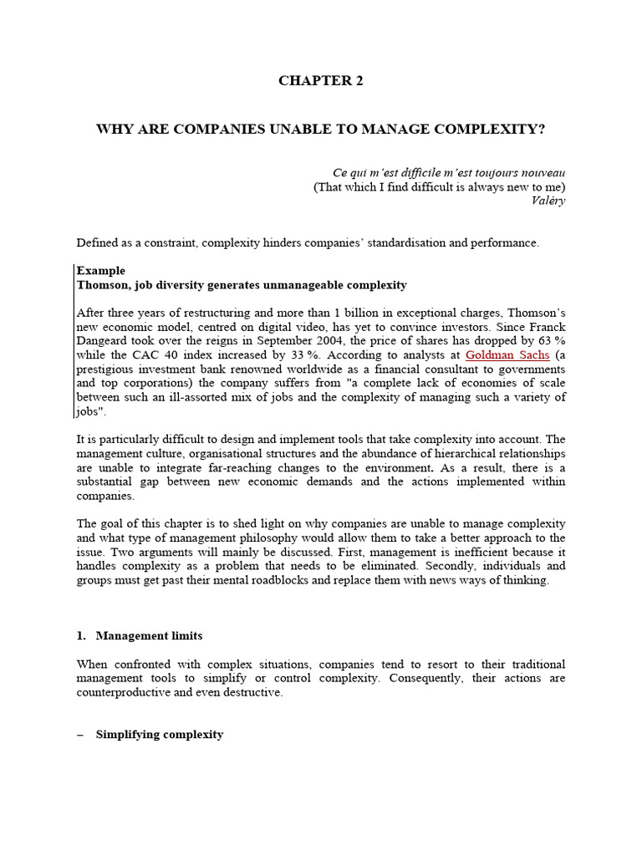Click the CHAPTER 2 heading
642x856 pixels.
pyautogui.click(x=321, y=81)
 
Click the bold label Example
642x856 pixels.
pyautogui.click(x=101, y=271)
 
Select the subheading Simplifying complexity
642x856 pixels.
pyautogui.click(x=159, y=734)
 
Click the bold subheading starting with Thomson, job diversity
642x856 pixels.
pyautogui.click(x=242, y=285)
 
